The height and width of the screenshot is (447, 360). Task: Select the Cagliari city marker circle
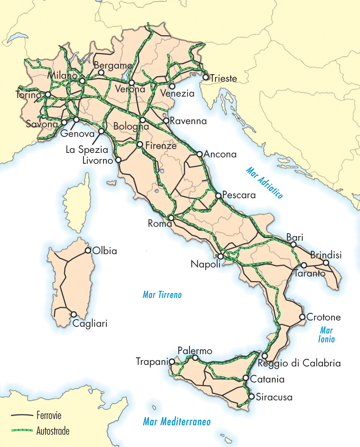(74, 314)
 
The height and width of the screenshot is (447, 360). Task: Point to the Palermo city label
(195, 351)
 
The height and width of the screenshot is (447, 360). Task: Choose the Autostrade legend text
(53, 431)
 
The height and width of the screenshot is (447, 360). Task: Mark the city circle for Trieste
(206, 77)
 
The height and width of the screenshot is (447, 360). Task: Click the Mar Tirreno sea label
(162, 295)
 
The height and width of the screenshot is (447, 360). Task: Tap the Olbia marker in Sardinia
(88, 250)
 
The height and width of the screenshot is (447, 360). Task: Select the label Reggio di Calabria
(299, 363)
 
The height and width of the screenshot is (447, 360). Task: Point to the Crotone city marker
(302, 317)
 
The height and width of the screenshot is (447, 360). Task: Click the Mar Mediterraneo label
(176, 422)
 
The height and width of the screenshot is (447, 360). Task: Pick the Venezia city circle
(172, 86)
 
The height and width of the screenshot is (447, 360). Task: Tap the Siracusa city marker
(251, 396)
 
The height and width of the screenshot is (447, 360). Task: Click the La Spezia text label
(87, 150)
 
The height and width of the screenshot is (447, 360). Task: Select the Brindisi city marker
(326, 263)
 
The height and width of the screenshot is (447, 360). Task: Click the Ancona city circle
(199, 154)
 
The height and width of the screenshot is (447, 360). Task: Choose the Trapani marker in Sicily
(172, 362)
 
